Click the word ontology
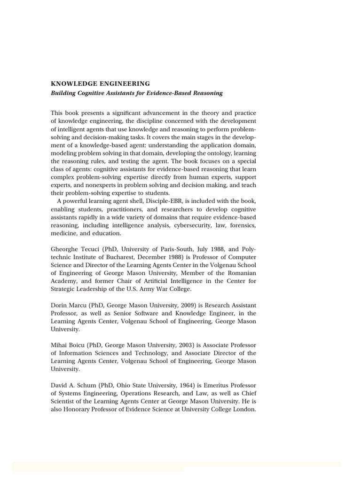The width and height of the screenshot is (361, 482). coord(207,153)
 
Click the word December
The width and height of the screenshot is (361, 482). coord(139,257)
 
